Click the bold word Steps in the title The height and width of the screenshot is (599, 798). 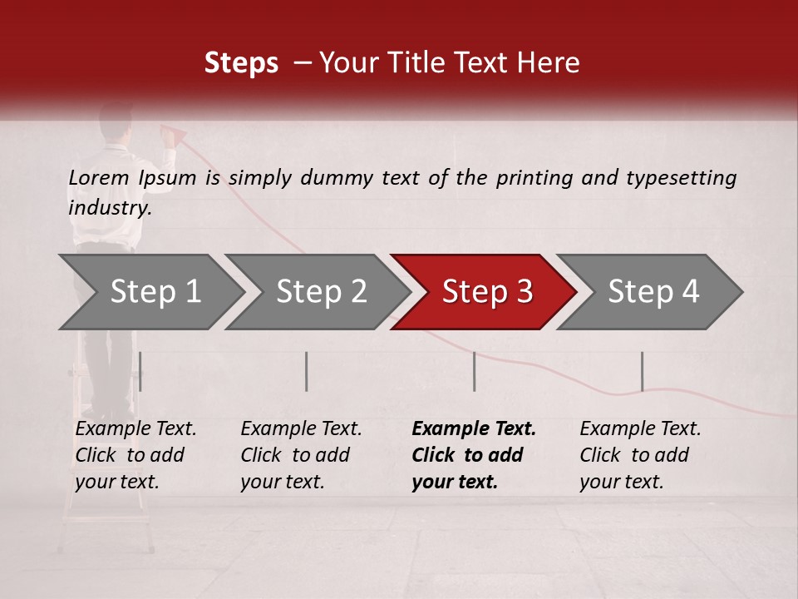click(241, 63)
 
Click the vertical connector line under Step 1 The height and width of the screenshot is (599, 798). click(140, 371)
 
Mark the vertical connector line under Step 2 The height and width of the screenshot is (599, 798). click(307, 371)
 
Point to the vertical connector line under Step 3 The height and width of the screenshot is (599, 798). click(474, 371)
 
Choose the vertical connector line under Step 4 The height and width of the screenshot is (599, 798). click(642, 371)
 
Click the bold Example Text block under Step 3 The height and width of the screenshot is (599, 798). click(473, 455)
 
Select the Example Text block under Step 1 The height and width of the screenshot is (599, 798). click(135, 455)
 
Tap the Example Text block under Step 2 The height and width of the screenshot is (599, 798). click(301, 455)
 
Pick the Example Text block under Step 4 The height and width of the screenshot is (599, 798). click(640, 455)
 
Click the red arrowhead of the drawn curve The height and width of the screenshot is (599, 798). click(175, 132)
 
